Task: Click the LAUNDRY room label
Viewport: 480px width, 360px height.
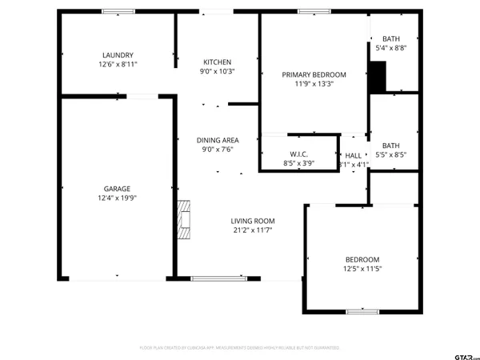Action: [117, 54]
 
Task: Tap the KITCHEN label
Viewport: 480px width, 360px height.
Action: [217, 62]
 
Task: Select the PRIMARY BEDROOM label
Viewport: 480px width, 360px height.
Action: [313, 74]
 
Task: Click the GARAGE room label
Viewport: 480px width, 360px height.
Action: [117, 189]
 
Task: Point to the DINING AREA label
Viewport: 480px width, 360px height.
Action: [218, 140]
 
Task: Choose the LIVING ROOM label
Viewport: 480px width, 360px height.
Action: [253, 221]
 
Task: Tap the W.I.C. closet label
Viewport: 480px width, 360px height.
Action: [298, 154]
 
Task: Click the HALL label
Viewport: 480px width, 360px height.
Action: [353, 156]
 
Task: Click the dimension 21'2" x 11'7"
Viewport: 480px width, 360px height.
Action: [253, 230]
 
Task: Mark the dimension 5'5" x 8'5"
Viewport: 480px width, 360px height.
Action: [391, 155]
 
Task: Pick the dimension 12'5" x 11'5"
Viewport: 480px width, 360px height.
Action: [362, 269]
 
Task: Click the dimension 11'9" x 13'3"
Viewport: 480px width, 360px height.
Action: [313, 83]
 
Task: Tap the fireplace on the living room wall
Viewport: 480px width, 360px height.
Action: [184, 219]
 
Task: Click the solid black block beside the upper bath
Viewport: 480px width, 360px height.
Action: [377, 77]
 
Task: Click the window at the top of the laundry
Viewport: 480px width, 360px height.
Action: [118, 11]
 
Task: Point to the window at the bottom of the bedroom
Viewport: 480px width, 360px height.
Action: [362, 311]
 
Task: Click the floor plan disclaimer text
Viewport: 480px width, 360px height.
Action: [239, 348]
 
